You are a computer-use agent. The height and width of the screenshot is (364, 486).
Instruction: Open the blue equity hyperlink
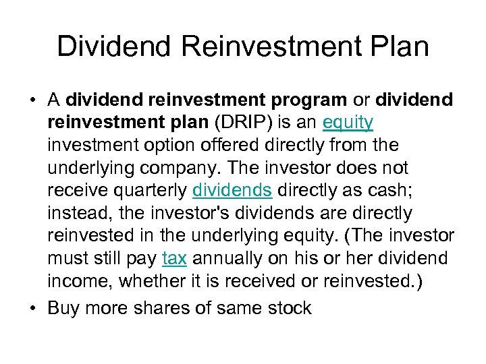tap(348, 122)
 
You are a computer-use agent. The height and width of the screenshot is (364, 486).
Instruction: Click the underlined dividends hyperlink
tap(232, 191)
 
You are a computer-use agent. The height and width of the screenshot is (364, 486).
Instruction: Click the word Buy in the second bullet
tap(63, 308)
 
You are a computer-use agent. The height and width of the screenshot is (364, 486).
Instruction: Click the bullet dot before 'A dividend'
tap(32, 100)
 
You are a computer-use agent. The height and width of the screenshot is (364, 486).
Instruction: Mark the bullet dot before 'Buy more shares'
tap(32, 309)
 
